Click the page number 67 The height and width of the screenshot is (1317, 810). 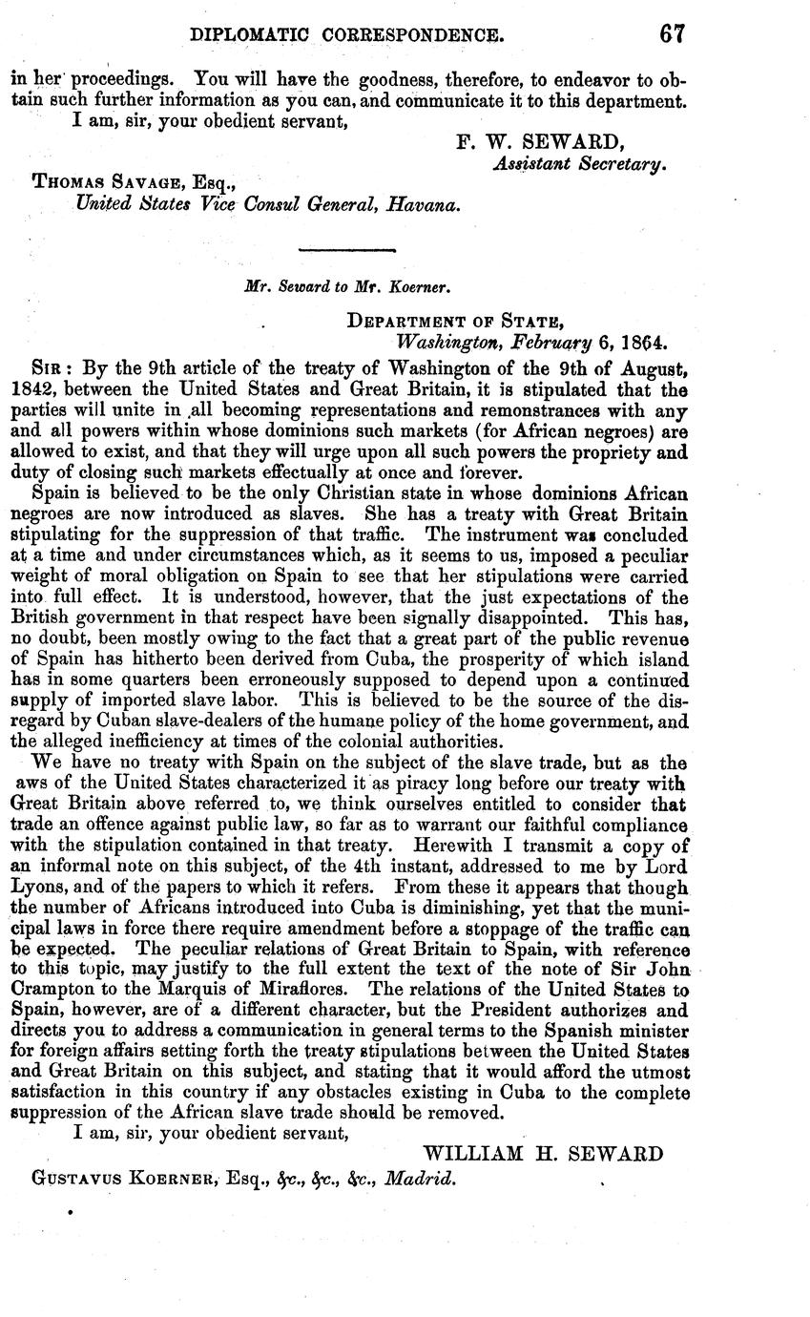(x=671, y=34)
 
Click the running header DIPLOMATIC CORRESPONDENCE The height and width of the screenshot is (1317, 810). (x=347, y=36)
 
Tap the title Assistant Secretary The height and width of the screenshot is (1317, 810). (x=578, y=163)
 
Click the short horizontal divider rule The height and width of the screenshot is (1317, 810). (x=346, y=250)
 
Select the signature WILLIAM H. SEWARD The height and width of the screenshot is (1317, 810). (x=543, y=1154)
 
